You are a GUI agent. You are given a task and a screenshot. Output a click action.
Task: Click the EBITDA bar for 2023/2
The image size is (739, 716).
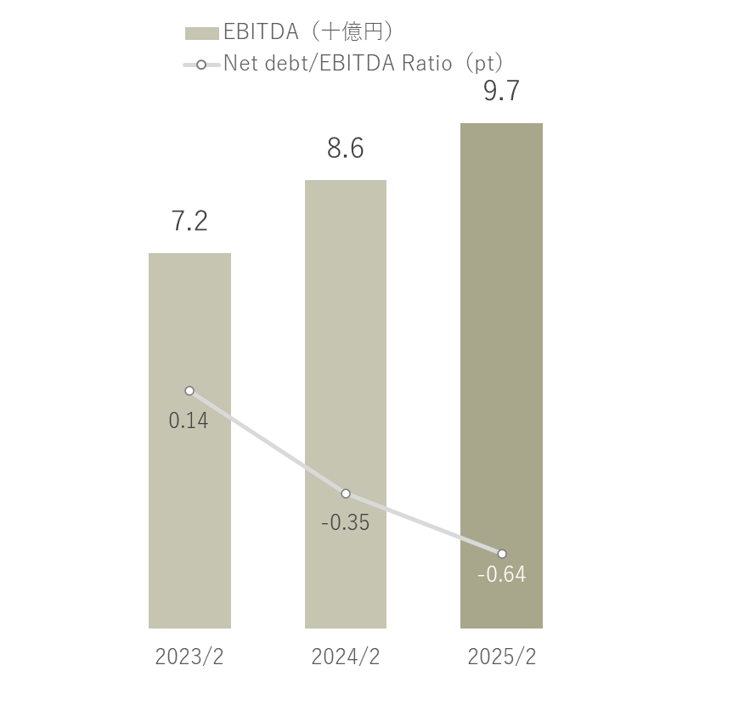189,510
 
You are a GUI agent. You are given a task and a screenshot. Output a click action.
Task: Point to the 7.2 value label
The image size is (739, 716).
189,221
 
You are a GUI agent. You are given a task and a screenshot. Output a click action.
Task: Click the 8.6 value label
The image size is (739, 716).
346,149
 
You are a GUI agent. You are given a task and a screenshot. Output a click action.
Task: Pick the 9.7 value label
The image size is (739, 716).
501,91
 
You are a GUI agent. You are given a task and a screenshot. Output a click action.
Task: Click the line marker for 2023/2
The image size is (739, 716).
189,391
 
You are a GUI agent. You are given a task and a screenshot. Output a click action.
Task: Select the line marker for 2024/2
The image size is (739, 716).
346,493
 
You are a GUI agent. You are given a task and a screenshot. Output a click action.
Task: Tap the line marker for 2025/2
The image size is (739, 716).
502,554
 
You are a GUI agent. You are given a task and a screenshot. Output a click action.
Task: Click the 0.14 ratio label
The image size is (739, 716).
189,420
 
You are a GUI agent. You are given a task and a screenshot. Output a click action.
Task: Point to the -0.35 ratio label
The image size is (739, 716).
346,522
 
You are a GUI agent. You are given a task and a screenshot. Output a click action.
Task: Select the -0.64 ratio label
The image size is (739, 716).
502,575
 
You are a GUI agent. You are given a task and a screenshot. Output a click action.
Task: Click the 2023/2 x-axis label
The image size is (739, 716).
189,657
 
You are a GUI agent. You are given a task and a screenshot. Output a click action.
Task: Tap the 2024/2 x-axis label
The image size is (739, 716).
346,657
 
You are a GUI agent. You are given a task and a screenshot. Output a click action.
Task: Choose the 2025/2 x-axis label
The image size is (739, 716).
502,657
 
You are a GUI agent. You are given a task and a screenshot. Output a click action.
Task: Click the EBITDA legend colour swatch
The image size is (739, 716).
202,33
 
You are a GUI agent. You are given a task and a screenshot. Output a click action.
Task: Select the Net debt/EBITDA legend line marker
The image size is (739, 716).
201,65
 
